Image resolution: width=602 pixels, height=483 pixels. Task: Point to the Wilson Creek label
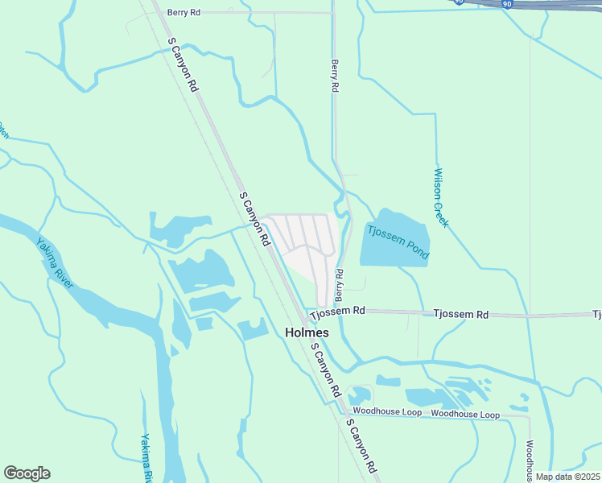coord(441,197)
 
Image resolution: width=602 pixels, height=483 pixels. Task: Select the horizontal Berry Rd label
coord(183,13)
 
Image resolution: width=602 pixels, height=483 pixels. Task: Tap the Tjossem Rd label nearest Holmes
coord(338,311)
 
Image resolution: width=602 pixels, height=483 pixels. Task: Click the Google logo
coord(27,473)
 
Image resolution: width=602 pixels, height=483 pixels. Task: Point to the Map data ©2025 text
coord(567,477)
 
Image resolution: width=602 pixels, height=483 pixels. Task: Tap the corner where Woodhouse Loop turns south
coord(529,418)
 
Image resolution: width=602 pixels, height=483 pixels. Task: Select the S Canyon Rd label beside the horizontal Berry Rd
coord(183,64)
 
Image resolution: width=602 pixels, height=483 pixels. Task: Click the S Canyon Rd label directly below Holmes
coord(325,369)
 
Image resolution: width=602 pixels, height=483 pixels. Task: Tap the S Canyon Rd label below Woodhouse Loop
coord(362,445)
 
